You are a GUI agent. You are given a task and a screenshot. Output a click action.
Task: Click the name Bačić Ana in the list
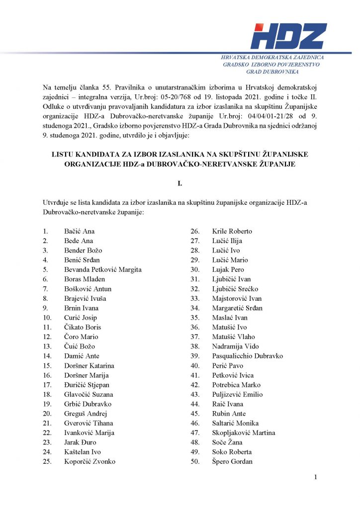click(x=80, y=231)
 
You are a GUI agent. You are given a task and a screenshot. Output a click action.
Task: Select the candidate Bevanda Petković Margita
click(x=103, y=269)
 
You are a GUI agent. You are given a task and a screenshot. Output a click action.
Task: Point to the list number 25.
click(x=47, y=461)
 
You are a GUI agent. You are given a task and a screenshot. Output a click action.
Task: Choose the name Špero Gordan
click(x=232, y=461)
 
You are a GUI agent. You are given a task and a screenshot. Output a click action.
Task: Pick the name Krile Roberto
click(x=232, y=231)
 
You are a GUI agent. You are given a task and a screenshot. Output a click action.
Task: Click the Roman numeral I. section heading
click(x=180, y=184)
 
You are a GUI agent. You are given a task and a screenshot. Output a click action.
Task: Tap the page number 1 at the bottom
click(x=315, y=478)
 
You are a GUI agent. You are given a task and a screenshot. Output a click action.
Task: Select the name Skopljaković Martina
click(x=244, y=432)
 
